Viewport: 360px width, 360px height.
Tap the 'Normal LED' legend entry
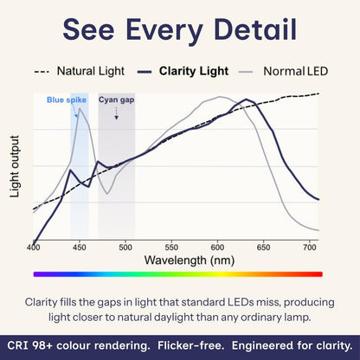pos(294,71)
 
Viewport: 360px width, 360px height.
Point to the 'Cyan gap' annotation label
pos(115,100)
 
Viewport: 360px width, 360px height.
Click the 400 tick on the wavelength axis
pos(34,247)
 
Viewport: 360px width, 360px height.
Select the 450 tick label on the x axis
pos(80,247)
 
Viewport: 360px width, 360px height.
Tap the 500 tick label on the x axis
pos(125,247)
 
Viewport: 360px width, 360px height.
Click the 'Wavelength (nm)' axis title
pos(176,260)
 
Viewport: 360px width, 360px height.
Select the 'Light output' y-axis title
pos(15,166)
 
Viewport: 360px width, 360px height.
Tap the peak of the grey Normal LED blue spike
pos(80,110)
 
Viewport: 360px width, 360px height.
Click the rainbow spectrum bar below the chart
pos(177,273)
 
